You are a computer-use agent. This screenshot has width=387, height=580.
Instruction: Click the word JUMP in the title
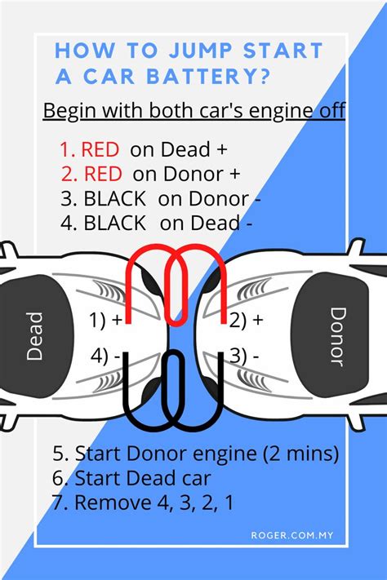201,51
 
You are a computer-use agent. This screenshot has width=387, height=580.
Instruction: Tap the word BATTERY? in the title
207,76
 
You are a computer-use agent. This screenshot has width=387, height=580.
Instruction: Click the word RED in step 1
100,149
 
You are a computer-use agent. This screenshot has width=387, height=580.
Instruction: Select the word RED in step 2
103,174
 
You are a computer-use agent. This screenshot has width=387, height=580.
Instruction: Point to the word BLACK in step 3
115,198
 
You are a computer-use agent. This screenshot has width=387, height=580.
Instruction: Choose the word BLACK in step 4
115,223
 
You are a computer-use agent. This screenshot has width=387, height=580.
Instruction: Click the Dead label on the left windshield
35,336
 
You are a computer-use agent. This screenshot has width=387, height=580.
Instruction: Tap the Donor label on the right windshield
338,336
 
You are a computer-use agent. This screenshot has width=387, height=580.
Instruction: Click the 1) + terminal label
105,320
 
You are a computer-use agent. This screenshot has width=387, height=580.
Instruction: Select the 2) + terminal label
247,320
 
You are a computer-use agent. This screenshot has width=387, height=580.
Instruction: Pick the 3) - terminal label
244,356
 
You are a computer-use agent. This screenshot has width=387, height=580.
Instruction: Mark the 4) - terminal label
105,356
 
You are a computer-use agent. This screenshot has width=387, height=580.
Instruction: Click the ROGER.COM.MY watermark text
292,535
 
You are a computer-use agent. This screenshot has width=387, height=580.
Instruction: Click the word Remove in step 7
113,503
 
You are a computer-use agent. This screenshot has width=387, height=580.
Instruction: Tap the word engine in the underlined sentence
280,111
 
